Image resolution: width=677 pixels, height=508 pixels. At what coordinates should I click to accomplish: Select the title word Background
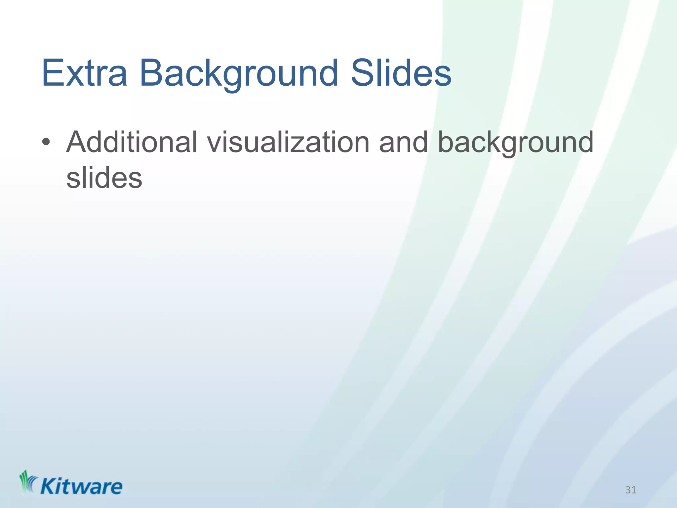(239, 73)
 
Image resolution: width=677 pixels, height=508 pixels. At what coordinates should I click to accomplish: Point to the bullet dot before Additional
(46, 142)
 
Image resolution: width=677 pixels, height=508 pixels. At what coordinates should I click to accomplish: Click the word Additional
(132, 142)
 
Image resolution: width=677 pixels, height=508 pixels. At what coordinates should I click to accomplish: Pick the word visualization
(288, 142)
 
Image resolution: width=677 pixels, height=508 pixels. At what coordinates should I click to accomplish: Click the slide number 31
(631, 490)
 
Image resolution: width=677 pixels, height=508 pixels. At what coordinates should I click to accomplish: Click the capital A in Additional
(77, 142)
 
